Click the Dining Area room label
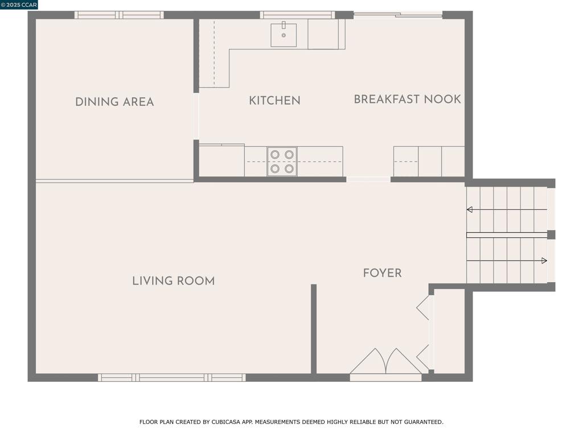tap(114, 102)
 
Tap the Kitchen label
tap(274, 100)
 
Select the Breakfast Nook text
tap(407, 99)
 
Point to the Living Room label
tap(173, 281)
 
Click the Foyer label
tap(382, 273)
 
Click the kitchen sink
tap(284, 35)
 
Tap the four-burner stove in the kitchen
tap(282, 162)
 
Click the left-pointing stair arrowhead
tap(470, 209)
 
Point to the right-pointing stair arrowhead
tap(544, 261)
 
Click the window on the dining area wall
tap(119, 15)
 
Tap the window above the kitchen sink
tap(297, 15)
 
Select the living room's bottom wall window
tap(172, 378)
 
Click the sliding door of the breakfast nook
tap(398, 15)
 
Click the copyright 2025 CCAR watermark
tap(19, 5)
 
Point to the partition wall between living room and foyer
tap(314, 329)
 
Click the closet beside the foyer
tap(450, 331)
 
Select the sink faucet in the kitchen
tap(284, 25)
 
